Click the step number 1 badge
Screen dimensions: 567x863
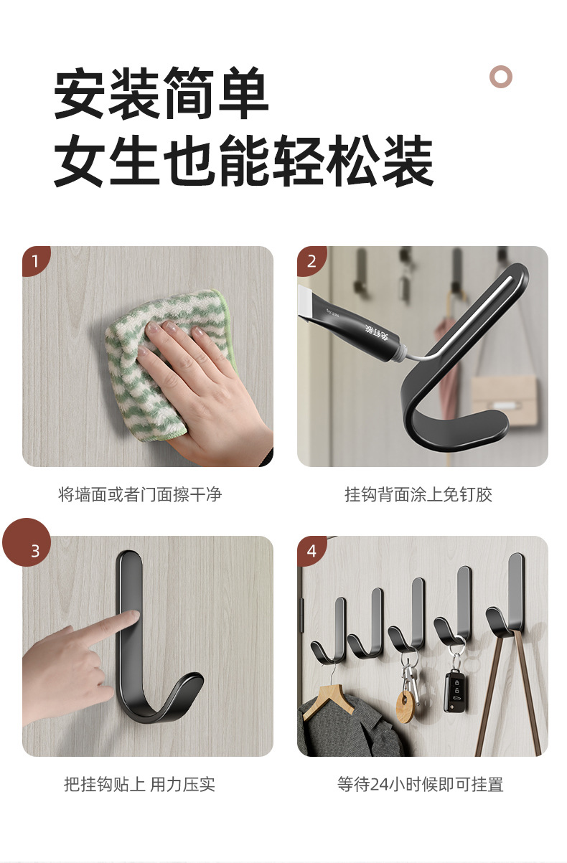[x=34, y=260]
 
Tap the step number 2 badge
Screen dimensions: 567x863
[x=311, y=260]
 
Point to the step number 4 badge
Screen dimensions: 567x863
[x=311, y=550]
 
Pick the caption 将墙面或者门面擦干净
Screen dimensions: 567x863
[x=140, y=494]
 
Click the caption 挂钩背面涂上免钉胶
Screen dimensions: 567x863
[x=418, y=494]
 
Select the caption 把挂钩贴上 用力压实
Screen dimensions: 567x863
[x=139, y=784]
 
